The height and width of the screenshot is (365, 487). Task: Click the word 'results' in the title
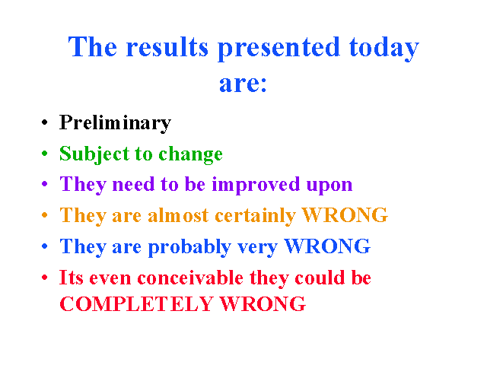pos(167,47)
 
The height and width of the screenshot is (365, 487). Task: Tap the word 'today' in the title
pos(384,49)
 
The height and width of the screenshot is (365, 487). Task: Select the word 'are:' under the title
pos(243,84)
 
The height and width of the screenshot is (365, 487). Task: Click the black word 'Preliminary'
pos(115,123)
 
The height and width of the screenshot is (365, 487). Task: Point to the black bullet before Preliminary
pos(45,122)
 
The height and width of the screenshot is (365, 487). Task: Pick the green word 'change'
pos(191,154)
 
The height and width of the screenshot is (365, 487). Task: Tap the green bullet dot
pos(45,153)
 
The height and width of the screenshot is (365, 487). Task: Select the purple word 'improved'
pos(256,185)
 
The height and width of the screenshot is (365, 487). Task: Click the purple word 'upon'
pos(329,186)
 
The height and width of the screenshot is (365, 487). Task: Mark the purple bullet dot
pos(45,184)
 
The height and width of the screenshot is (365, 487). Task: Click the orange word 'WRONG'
pos(345,214)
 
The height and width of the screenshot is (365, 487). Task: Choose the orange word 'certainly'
pos(256,216)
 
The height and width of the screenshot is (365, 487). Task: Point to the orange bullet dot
pos(45,214)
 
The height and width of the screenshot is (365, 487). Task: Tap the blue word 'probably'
pos(189,247)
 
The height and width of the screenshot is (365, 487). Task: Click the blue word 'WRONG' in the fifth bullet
pos(327,246)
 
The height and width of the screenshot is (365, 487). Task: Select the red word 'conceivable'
pos(190,277)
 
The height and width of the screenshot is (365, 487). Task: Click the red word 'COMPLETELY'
pos(136,303)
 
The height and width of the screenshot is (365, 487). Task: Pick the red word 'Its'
pos(71,277)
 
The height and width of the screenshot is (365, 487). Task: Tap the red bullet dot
pos(45,277)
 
